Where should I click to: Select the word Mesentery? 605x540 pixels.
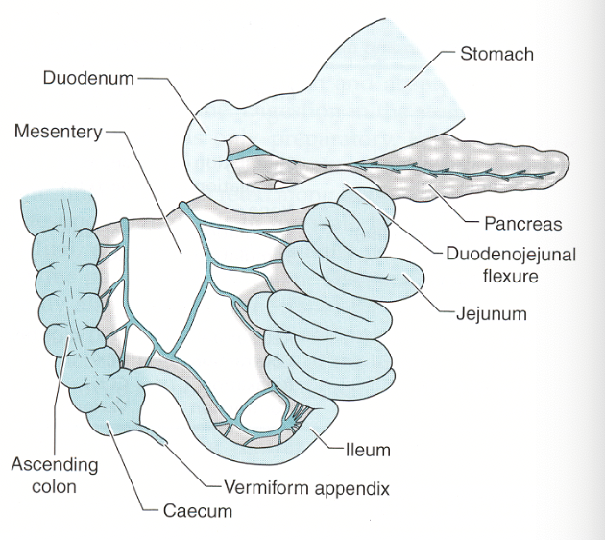[x=57, y=131]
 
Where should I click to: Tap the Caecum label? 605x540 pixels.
[x=195, y=511]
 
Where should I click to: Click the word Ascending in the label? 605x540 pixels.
[x=55, y=465]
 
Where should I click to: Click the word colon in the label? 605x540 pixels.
[x=55, y=486]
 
